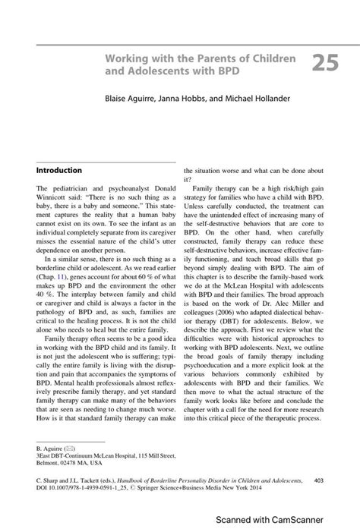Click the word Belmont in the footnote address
point(49,461)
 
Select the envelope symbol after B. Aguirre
point(70,449)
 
